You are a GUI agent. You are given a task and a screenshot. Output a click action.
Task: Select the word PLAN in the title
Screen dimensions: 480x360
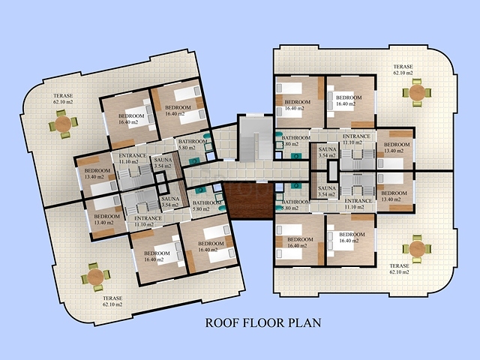(x=305, y=322)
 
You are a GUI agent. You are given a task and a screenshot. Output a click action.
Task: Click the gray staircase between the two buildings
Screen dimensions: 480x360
(x=256, y=139)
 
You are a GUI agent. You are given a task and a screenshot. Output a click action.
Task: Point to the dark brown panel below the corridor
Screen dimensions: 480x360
(x=249, y=200)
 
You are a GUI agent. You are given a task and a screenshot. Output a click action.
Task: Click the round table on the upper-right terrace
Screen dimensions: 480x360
(x=417, y=92)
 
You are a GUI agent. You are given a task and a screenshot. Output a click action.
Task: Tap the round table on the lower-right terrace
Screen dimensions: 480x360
(x=417, y=249)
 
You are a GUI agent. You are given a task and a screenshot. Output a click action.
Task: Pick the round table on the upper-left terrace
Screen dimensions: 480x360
(x=63, y=124)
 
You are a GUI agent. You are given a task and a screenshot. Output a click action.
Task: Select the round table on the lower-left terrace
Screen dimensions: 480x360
(x=95, y=277)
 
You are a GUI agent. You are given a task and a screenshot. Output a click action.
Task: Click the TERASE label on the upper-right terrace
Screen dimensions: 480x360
(x=403, y=67)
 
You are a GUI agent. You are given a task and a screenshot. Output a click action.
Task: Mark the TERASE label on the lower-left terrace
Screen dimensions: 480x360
(x=112, y=298)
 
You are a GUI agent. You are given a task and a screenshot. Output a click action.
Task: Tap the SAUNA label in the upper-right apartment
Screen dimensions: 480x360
(x=327, y=149)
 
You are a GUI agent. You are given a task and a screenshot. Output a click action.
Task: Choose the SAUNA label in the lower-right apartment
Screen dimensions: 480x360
(x=327, y=188)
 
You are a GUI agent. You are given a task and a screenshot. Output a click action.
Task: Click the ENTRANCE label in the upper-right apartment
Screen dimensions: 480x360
(x=356, y=136)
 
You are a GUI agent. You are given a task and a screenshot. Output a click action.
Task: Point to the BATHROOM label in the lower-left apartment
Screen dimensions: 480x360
(x=207, y=203)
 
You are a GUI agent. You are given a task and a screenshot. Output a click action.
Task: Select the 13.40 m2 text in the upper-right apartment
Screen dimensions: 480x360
(x=394, y=151)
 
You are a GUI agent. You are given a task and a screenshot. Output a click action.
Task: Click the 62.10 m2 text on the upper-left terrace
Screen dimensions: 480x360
(x=63, y=102)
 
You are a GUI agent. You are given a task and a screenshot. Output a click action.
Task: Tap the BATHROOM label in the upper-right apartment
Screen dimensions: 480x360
(x=295, y=138)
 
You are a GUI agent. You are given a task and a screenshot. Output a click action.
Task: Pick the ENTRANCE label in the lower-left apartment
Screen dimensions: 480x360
(x=148, y=218)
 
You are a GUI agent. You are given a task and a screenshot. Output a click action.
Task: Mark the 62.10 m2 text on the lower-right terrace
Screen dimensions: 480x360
(x=399, y=272)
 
